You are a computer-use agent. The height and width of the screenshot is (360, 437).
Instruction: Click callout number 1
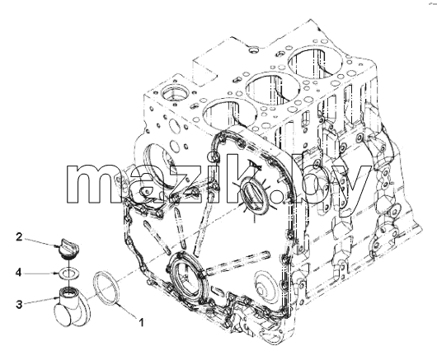point(142,323)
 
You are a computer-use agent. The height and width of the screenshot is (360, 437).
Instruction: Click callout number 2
point(19,237)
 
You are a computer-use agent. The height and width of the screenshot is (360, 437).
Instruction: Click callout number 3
point(19,304)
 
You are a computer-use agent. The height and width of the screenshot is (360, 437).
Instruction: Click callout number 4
point(18,273)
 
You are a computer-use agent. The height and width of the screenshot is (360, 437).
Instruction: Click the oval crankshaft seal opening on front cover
point(188,279)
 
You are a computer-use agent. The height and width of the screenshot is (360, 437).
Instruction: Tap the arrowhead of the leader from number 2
point(57,246)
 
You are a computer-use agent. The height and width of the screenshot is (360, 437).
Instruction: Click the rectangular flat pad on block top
point(205,69)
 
